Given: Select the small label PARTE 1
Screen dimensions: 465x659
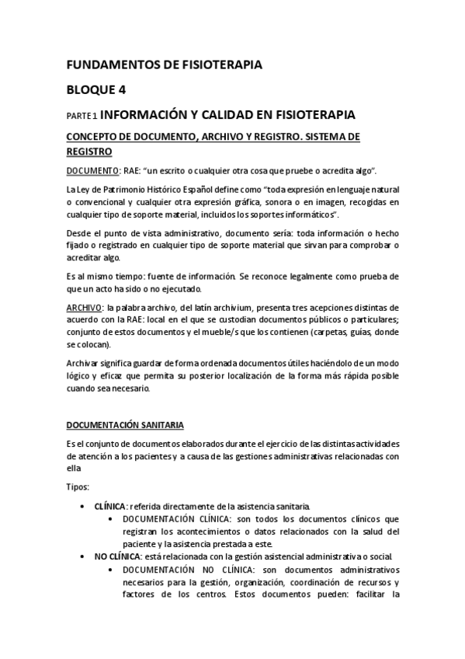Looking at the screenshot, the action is coord(81,116).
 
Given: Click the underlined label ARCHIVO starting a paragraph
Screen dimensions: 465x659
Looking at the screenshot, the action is coord(84,308).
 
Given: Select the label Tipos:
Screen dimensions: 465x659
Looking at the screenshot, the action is coord(77,486).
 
